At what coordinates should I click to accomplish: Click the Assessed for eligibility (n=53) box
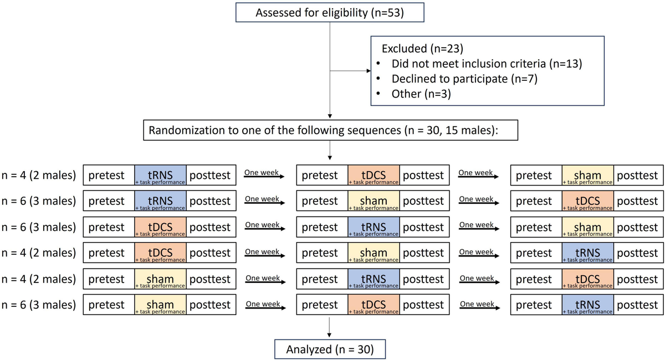[x=330, y=12]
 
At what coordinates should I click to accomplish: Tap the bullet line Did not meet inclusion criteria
[x=487, y=63]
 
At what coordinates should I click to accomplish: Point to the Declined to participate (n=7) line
[x=464, y=79]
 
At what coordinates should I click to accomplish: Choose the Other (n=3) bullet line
[x=421, y=94]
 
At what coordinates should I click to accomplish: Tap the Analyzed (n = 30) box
[x=330, y=349]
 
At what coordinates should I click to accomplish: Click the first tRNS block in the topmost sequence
[x=160, y=175]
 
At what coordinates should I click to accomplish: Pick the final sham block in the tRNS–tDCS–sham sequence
[x=587, y=175]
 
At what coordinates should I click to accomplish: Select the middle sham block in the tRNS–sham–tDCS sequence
[x=374, y=201]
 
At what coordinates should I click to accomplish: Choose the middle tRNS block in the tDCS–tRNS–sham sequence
[x=374, y=227]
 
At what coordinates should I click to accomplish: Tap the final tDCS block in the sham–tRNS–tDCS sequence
[x=587, y=279]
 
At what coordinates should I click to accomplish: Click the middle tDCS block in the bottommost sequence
[x=374, y=305]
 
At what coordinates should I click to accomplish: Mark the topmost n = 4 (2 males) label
[x=38, y=176]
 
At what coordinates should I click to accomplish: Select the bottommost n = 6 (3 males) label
[x=38, y=305]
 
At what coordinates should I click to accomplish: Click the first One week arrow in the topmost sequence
[x=264, y=176]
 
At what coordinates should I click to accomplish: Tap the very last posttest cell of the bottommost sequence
[x=637, y=305]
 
